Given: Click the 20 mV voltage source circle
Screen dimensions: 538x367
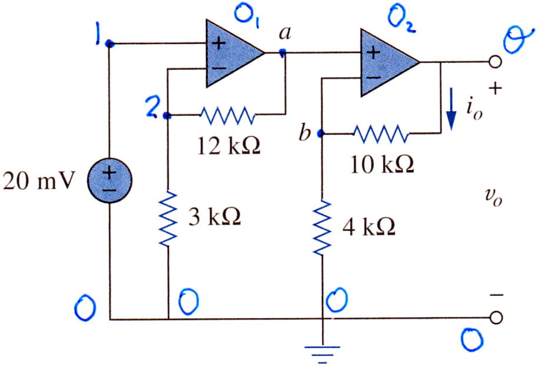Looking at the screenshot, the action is (x=109, y=181).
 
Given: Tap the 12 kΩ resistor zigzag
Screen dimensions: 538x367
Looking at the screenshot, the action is (x=228, y=115).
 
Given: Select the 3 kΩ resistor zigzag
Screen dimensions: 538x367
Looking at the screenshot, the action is (x=168, y=219).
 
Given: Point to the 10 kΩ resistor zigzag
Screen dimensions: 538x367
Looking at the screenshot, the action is (x=381, y=134).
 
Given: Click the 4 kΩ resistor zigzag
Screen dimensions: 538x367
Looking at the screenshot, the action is (x=322, y=228).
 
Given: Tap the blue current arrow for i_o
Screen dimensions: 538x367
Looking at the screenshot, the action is (x=451, y=109).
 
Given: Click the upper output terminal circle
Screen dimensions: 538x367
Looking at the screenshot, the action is (x=495, y=62).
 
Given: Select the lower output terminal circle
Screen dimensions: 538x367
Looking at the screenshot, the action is (x=495, y=318).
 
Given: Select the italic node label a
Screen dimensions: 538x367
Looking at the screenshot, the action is (x=285, y=34).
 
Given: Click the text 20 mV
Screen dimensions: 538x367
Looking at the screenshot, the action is (x=38, y=181).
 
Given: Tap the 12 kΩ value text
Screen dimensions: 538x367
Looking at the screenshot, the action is (x=229, y=146).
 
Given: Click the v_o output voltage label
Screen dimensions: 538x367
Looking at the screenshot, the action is (x=494, y=198).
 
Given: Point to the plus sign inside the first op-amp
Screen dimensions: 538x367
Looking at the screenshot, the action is (x=218, y=44).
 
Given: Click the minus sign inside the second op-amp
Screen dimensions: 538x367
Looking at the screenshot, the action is (x=373, y=78).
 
